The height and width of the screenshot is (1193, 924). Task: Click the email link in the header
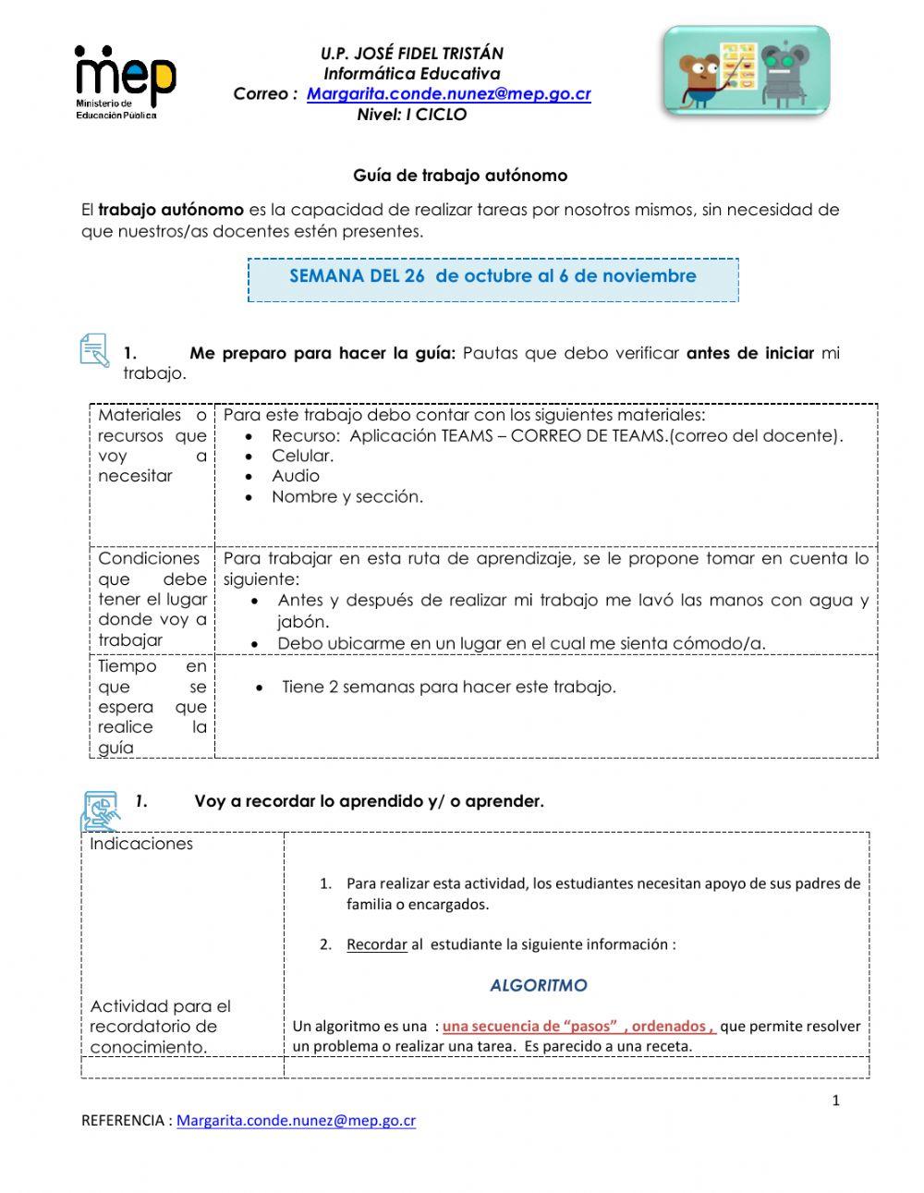pyautogui.click(x=448, y=94)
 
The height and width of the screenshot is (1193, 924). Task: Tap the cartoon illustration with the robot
pyautogui.click(x=745, y=72)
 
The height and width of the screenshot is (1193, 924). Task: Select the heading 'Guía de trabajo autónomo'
pyautogui.click(x=460, y=176)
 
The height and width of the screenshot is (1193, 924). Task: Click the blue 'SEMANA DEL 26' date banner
pyautogui.click(x=492, y=276)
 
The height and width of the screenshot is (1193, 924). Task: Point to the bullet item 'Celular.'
pyautogui.click(x=302, y=456)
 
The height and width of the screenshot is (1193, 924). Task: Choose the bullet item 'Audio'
pyautogui.click(x=295, y=476)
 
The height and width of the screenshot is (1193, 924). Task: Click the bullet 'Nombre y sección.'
pyautogui.click(x=346, y=496)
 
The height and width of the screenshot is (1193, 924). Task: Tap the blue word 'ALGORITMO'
pyautogui.click(x=538, y=985)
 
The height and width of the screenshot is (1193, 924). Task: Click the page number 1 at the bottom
pyautogui.click(x=835, y=1100)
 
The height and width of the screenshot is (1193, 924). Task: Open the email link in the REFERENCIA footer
pyautogui.click(x=296, y=1120)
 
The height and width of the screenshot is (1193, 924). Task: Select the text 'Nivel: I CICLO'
pyautogui.click(x=411, y=115)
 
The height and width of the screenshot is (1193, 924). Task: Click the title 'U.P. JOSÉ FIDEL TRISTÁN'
pyautogui.click(x=411, y=54)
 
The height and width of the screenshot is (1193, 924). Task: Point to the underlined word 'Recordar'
pyautogui.click(x=376, y=944)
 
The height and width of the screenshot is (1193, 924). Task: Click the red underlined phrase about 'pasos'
pyautogui.click(x=578, y=1026)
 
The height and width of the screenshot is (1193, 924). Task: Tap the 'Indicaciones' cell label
pyautogui.click(x=141, y=844)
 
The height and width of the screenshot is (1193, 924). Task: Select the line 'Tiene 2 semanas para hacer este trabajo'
pyautogui.click(x=448, y=687)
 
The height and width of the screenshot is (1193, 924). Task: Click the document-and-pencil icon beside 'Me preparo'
pyautogui.click(x=94, y=352)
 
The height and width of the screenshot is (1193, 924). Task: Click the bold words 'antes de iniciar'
pyautogui.click(x=749, y=353)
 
